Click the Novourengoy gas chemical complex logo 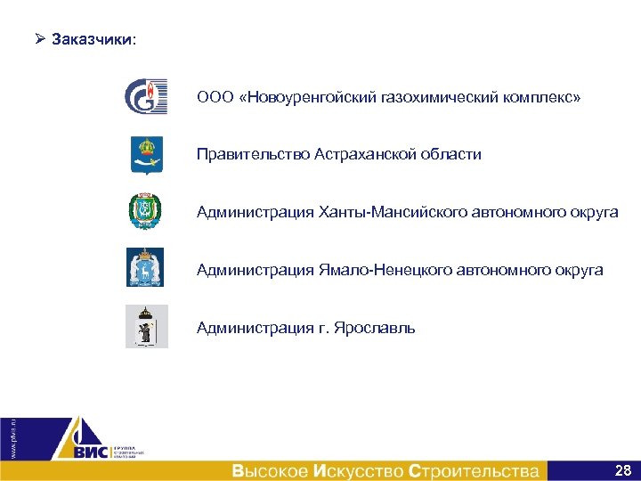click(x=146, y=96)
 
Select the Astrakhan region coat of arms click(x=146, y=153)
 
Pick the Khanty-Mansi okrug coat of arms click(x=146, y=211)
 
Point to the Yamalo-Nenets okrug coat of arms click(x=146, y=267)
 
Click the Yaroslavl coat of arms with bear click(x=146, y=326)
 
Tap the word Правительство click(x=253, y=154)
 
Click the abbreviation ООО click(x=214, y=96)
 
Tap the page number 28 click(x=623, y=469)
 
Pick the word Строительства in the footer click(x=474, y=470)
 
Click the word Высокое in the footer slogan click(x=270, y=470)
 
